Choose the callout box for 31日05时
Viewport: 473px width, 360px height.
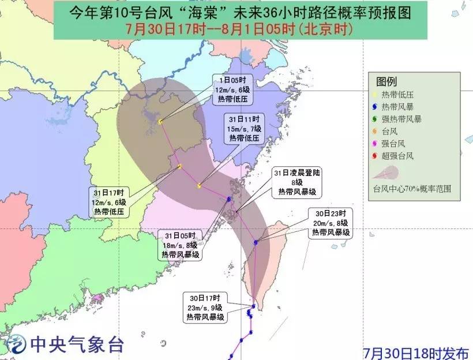pos(181,245)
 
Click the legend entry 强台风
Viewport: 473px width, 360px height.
pos(395,144)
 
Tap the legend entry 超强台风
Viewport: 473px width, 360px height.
pos(399,156)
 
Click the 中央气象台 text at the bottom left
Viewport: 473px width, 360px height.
pos(77,345)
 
